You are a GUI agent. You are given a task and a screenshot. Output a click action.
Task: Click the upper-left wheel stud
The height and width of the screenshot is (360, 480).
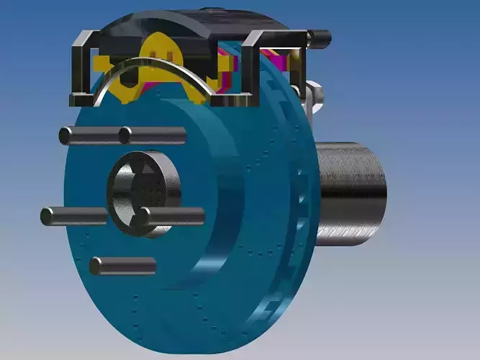coord(86,135)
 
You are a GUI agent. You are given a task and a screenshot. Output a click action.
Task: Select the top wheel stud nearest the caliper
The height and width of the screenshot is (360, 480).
coord(153,135)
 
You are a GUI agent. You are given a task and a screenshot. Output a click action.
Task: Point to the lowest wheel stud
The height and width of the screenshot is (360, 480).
coord(123,266)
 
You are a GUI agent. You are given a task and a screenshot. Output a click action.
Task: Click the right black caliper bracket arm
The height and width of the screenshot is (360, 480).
coord(252,68)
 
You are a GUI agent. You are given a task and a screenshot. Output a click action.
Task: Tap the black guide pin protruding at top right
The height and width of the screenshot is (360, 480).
coord(319,35)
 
